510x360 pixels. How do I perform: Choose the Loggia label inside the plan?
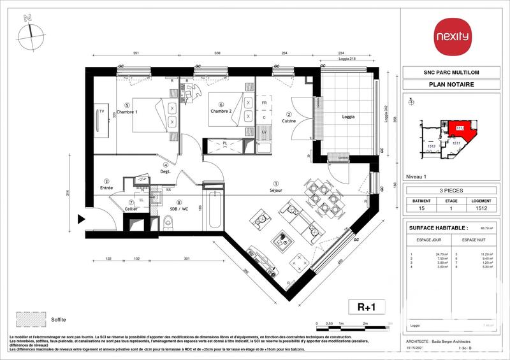click(x=348, y=117)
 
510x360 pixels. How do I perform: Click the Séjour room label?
click(x=276, y=190)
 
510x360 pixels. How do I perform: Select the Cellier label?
click(x=131, y=209)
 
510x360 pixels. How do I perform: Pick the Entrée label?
click(x=106, y=188)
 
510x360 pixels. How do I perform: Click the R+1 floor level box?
click(x=366, y=306)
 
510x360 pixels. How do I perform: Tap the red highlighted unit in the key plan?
click(x=456, y=129)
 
